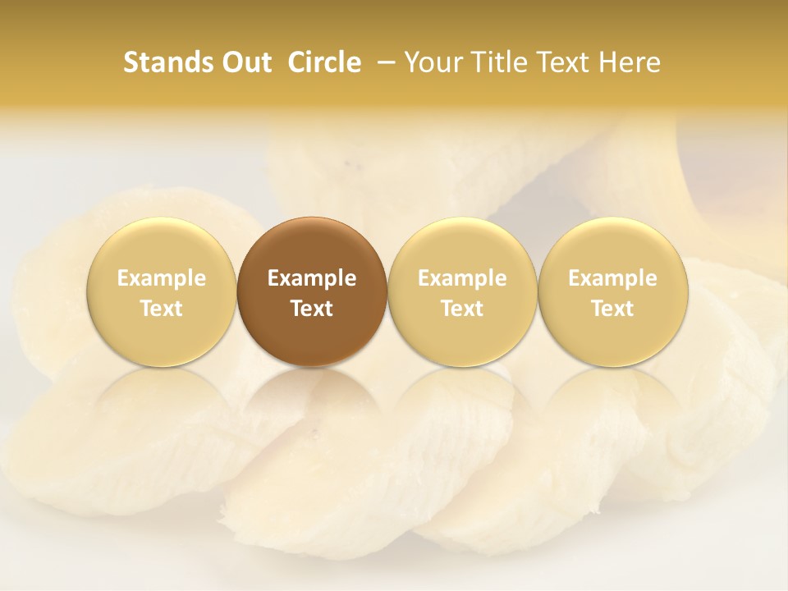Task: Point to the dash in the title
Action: [387, 62]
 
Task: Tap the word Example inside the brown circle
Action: [312, 278]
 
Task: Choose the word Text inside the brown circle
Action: [312, 309]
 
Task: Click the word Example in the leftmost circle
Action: [162, 278]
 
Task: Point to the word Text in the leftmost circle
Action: [162, 309]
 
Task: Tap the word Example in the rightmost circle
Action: [612, 278]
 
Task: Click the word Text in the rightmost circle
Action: [612, 309]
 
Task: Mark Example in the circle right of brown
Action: [462, 278]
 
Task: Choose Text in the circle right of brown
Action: [462, 309]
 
